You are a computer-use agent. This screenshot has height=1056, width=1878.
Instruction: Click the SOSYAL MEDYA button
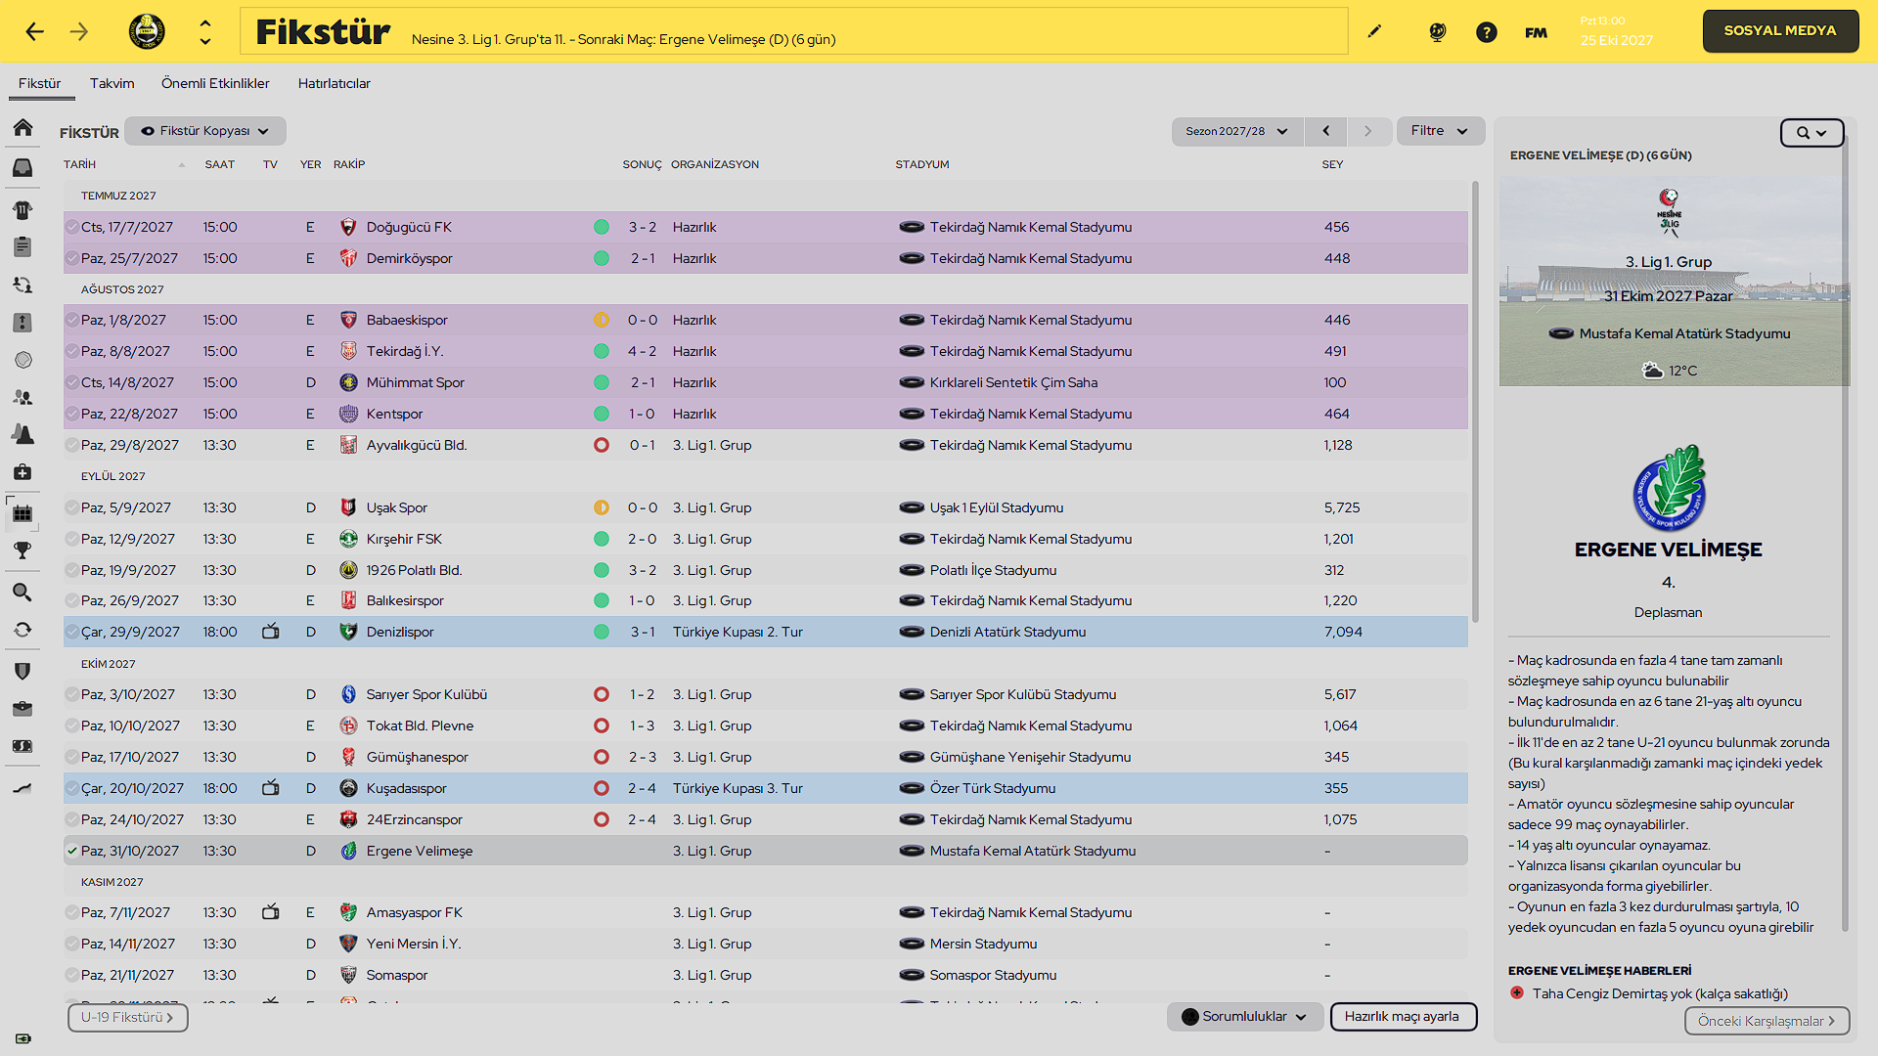click(x=1779, y=31)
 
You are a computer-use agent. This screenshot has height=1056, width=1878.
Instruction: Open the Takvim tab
click(x=112, y=83)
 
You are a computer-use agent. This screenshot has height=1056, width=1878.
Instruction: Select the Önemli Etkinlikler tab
click(x=215, y=83)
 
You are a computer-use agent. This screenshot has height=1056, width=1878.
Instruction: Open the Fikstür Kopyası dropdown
click(x=205, y=131)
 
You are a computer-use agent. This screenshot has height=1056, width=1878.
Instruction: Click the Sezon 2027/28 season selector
click(x=1236, y=131)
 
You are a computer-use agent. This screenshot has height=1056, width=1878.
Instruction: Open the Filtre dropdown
click(x=1440, y=131)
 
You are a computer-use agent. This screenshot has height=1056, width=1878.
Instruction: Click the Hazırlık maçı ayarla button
click(x=1403, y=1017)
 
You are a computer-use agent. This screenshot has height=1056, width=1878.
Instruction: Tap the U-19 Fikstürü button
click(x=127, y=1018)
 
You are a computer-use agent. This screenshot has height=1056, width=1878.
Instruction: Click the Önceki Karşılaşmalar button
click(x=1766, y=1021)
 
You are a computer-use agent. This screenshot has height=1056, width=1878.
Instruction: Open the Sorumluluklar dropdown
click(x=1244, y=1017)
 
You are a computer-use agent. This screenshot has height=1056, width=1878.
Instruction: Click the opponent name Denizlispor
click(x=400, y=632)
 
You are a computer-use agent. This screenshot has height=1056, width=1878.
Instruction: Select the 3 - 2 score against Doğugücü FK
click(x=642, y=227)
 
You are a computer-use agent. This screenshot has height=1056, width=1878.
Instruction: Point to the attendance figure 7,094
click(x=1343, y=632)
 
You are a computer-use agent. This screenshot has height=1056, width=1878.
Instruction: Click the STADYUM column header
click(x=922, y=164)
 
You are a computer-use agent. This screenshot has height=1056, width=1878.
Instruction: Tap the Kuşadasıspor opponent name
click(x=406, y=788)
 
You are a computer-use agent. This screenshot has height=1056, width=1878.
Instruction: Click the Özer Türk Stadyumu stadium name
click(x=993, y=788)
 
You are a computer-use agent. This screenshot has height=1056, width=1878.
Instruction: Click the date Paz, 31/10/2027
click(x=130, y=851)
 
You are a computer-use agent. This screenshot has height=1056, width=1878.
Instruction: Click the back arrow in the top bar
click(x=35, y=31)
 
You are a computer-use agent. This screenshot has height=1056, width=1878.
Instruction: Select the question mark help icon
click(x=1487, y=32)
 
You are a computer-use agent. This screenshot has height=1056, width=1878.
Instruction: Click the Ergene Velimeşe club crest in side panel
click(x=1669, y=487)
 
